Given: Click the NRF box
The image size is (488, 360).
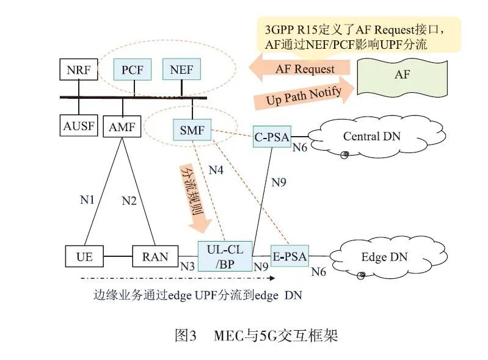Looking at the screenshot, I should point(78,70).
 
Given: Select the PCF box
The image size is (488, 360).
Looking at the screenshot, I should point(132,70).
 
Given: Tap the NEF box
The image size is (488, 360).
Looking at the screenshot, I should point(181,70).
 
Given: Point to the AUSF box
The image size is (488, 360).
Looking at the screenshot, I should point(78,127).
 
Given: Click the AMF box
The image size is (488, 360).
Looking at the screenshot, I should point(122,127).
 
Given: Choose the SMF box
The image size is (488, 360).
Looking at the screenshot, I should point(192,130).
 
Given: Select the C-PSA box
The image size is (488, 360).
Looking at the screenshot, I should point(272,136).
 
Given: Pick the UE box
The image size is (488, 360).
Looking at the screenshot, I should point(85,256).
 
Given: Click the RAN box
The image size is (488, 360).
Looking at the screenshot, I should point(155,256).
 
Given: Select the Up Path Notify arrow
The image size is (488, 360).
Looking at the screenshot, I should point(303,95).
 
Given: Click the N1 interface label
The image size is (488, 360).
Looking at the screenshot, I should point(89,199).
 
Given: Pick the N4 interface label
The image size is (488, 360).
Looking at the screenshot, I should point(216,170).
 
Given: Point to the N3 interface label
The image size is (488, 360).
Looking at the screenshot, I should point(188,266).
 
